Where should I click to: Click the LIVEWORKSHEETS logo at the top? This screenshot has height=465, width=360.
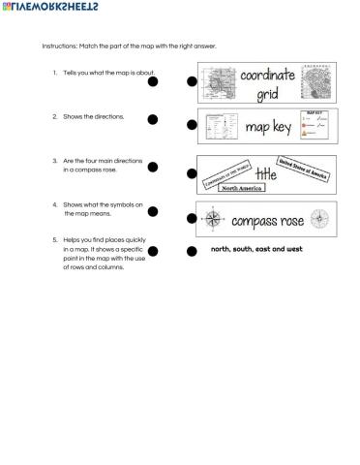tap(48, 7)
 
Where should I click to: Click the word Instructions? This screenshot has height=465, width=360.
tap(59, 46)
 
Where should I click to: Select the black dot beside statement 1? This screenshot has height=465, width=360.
tap(153, 82)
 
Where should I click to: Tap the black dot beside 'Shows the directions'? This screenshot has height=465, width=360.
tap(153, 119)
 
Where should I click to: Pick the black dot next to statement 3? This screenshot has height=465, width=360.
tap(153, 167)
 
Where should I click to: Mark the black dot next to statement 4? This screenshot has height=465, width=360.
tap(153, 210)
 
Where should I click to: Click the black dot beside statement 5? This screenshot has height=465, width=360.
tap(153, 252)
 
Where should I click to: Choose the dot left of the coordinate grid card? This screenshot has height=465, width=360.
tap(192, 82)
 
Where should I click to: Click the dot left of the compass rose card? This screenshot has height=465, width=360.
tap(192, 220)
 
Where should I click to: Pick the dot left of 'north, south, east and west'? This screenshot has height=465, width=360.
tap(192, 252)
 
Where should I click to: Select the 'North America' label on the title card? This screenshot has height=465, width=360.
tap(242, 189)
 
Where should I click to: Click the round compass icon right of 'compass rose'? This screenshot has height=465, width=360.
tap(320, 219)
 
